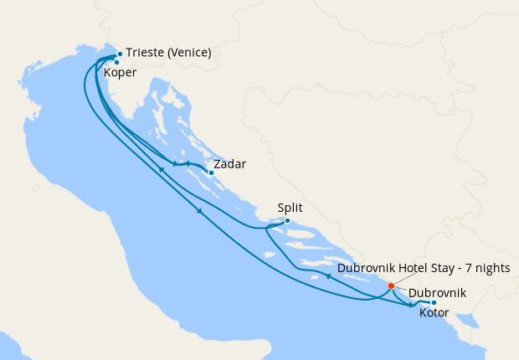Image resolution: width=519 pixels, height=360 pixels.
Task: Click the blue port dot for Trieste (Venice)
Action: pyautogui.click(x=120, y=54)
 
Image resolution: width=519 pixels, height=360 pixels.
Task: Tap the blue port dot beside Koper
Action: pyautogui.click(x=117, y=62)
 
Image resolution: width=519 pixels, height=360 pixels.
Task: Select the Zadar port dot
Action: pyautogui.click(x=210, y=173)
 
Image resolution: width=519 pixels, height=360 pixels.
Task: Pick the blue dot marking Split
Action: pyautogui.click(x=287, y=221)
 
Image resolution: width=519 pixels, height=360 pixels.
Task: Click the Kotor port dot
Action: pyautogui.click(x=434, y=302)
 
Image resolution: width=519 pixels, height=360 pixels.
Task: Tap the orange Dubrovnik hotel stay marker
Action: pyautogui.click(x=391, y=286)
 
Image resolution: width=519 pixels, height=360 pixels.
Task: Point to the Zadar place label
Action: pyautogui.click(x=229, y=164)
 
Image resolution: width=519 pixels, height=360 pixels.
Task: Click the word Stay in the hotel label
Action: pyautogui.click(x=442, y=268)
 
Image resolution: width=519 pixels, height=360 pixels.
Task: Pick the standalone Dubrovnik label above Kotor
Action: pyautogui.click(x=437, y=293)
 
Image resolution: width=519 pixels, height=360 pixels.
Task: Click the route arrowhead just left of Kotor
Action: pyautogui.click(x=412, y=306)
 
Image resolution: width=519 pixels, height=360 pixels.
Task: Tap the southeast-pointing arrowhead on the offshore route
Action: pyautogui.click(x=200, y=213)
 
